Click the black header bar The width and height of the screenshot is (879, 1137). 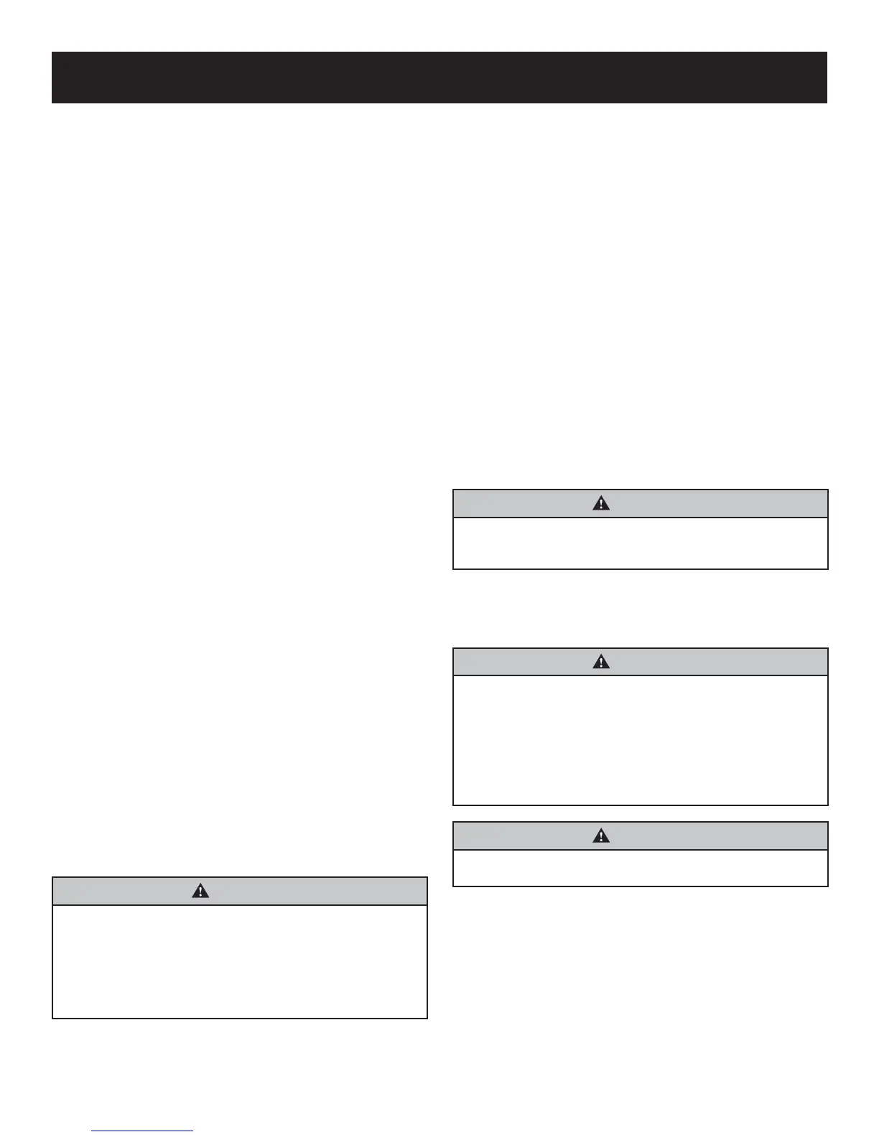click(x=439, y=78)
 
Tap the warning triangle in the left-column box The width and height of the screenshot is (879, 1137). click(x=200, y=891)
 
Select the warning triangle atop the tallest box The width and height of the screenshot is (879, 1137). click(x=601, y=662)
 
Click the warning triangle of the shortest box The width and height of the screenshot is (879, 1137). click(x=601, y=836)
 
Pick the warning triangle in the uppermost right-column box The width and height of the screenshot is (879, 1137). click(x=601, y=503)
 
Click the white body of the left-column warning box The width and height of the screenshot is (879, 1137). click(x=240, y=962)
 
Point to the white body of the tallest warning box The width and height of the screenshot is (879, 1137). click(x=641, y=740)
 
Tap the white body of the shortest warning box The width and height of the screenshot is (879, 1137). click(x=641, y=868)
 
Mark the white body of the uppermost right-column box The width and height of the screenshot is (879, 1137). click(x=641, y=543)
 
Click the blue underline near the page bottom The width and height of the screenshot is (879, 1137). click(x=142, y=1131)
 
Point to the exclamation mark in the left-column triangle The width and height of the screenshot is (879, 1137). click(x=200, y=892)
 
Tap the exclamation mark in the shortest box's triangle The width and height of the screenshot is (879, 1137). click(x=601, y=837)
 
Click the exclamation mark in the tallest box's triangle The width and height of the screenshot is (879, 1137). click(x=601, y=663)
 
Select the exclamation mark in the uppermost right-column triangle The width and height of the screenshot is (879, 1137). click(x=601, y=505)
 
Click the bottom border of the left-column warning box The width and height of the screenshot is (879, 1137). click(x=240, y=1018)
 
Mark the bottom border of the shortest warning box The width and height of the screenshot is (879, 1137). click(x=641, y=886)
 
